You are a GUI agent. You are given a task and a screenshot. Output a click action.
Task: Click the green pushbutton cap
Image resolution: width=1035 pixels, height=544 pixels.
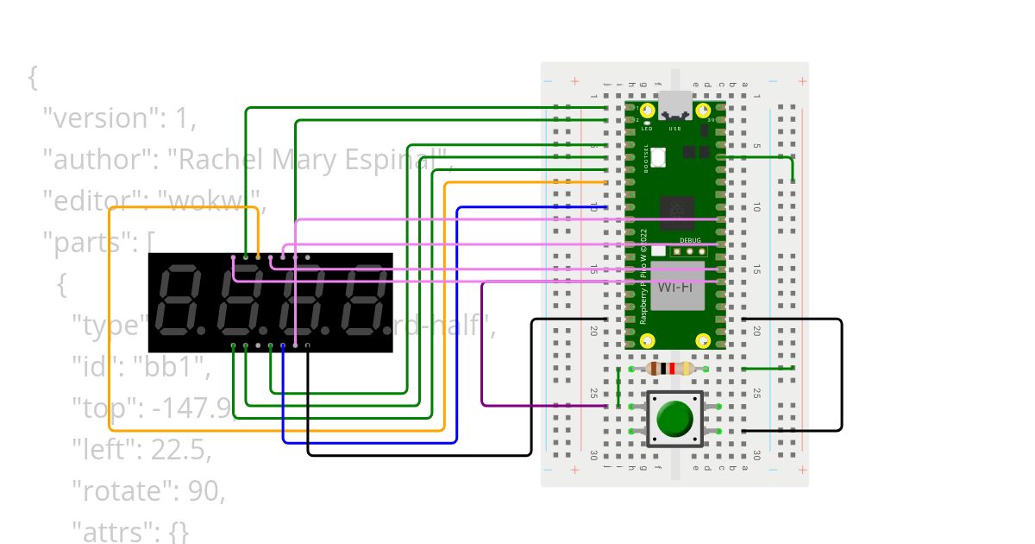[674, 418]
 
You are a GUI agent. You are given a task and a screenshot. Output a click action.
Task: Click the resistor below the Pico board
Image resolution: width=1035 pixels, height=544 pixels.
[668, 369]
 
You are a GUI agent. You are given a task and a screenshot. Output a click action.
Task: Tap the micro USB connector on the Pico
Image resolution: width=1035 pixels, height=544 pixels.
[675, 106]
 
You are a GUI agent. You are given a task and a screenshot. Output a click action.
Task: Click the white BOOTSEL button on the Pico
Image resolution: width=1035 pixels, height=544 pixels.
[658, 158]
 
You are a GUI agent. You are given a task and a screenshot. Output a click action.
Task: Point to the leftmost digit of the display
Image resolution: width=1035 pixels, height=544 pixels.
[179, 301]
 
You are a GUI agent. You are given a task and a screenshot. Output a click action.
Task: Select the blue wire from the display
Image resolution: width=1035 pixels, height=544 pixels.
[371, 442]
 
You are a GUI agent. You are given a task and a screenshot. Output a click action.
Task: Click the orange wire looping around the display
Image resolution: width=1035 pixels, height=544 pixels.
[110, 345]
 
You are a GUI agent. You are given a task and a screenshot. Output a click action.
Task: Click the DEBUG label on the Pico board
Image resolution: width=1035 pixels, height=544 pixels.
[689, 242]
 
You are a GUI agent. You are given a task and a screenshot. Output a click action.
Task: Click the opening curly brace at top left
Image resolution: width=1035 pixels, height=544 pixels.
[33, 78]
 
